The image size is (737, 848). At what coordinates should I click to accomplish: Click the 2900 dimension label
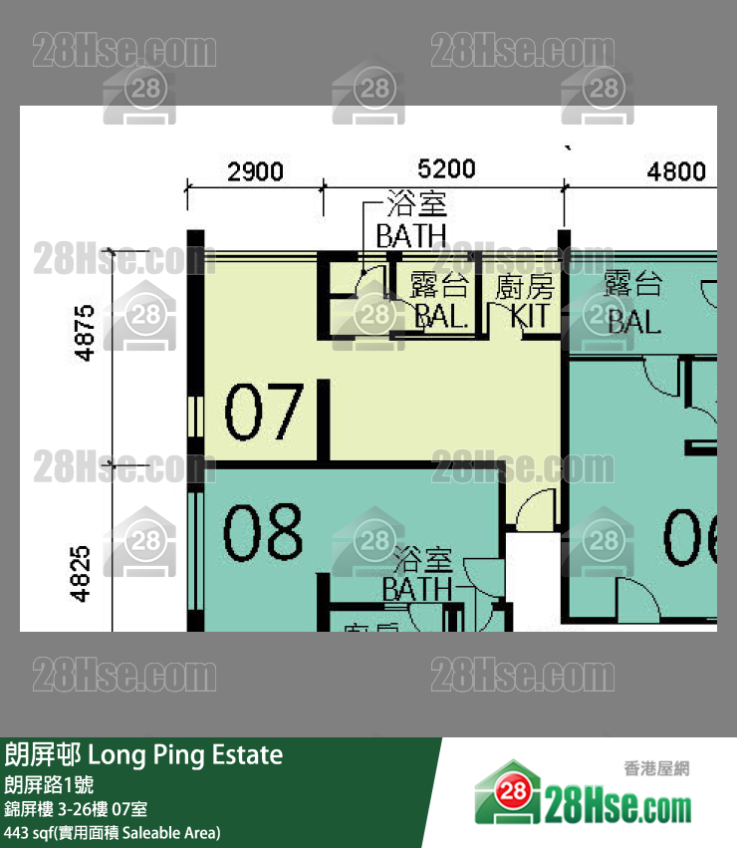click(x=255, y=171)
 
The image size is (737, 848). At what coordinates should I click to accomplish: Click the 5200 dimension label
click(x=446, y=169)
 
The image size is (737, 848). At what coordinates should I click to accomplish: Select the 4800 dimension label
click(x=676, y=171)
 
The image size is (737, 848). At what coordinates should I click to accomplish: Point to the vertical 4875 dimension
click(x=84, y=333)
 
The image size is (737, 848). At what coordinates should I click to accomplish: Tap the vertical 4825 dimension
click(x=84, y=572)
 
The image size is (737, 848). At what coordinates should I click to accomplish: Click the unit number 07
click(x=263, y=414)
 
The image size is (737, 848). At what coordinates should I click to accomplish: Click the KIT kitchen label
click(x=529, y=318)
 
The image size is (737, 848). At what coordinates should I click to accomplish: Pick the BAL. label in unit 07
click(x=440, y=318)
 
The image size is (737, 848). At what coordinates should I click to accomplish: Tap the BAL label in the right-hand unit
click(x=633, y=321)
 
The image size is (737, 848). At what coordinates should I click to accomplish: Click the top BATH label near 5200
click(x=410, y=236)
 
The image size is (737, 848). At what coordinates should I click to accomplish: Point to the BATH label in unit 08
click(x=417, y=588)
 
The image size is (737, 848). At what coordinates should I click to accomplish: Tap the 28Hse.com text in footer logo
click(x=617, y=803)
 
